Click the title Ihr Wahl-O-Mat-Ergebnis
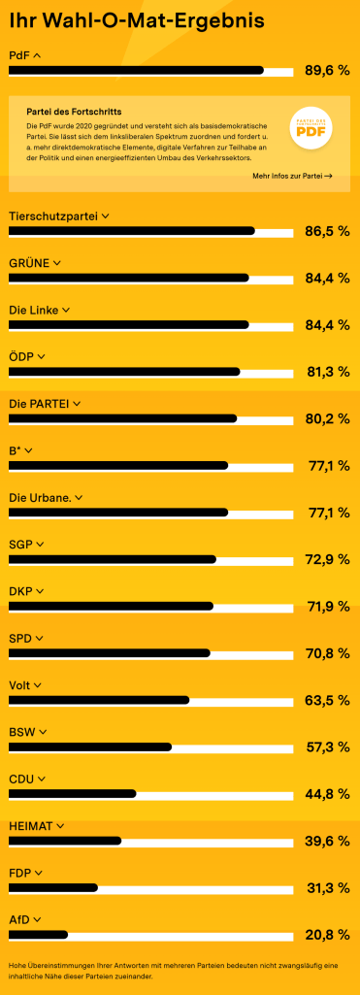(136, 21)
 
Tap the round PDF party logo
(311, 127)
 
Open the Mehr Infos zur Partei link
(292, 176)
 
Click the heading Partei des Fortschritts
(74, 112)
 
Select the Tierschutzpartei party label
(53, 216)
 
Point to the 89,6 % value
(327, 71)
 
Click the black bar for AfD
(38, 935)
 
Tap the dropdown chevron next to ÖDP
(41, 357)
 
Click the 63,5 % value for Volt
(328, 700)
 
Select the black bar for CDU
(72, 794)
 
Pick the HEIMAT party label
(31, 826)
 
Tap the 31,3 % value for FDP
(328, 888)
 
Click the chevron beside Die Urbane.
(79, 498)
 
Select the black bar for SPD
(110, 653)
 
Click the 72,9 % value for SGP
(328, 559)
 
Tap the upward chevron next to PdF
(36, 56)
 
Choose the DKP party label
(20, 591)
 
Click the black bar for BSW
(90, 746)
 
